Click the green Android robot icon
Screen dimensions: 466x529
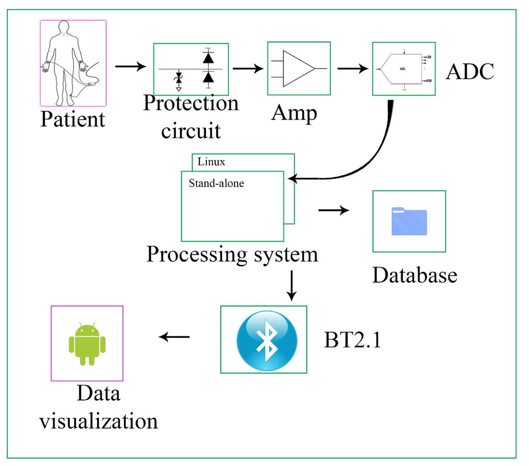(x=87, y=344)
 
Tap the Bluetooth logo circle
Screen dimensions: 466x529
(x=267, y=340)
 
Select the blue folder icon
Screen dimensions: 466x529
(x=409, y=222)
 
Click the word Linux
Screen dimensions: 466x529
(x=211, y=162)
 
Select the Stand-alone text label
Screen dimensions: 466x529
(x=216, y=183)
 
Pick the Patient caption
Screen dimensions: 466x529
(x=72, y=120)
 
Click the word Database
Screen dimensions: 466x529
(x=414, y=275)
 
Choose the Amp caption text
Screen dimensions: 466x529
(x=293, y=113)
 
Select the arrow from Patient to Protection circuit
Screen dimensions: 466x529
(x=131, y=67)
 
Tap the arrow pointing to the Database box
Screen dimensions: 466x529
(x=334, y=210)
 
